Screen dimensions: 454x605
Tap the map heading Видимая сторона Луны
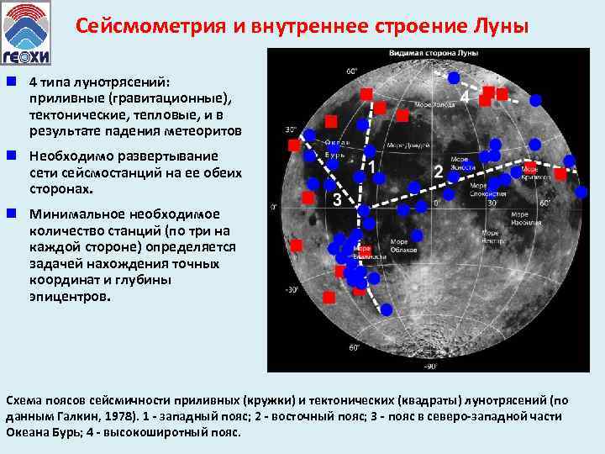pos(434,54)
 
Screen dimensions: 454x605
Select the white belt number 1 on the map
pos(371,168)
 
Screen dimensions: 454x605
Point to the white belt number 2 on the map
pos(437,172)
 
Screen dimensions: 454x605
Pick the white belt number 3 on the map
pos(337,199)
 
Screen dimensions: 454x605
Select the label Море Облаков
pos(403,245)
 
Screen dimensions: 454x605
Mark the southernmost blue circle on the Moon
pos(387,309)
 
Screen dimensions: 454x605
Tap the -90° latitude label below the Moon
pos(430,366)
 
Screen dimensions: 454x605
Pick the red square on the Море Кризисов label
pos(560,174)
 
